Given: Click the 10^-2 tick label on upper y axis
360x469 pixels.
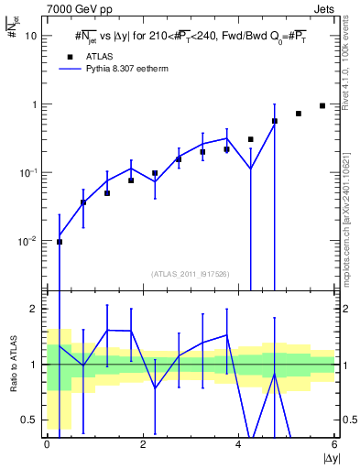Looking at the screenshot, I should (28, 241).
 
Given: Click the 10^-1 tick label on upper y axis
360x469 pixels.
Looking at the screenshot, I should (28, 172).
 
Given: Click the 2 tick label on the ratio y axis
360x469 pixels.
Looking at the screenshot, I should (35, 310).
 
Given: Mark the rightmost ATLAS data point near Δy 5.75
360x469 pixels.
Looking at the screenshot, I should (322, 106).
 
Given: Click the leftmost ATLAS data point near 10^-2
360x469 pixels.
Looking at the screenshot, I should (60, 242).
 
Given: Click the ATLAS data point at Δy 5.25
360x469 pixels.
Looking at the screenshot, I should (299, 114).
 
